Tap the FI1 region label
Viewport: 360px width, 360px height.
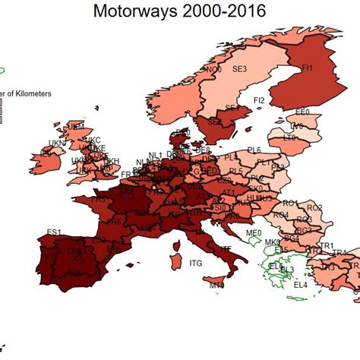pos(308,68)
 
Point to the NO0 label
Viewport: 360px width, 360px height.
pos(214,69)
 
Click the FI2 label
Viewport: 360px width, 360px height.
pos(259,100)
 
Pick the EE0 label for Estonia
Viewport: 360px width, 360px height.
pos(302,112)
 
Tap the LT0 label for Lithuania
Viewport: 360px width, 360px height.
pos(289,138)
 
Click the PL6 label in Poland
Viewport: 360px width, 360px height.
pos(254,150)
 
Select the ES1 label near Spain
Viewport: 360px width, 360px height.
pos(53,232)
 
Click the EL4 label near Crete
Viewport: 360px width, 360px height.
pos(301,284)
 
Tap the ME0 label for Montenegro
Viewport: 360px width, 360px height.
pos(254,233)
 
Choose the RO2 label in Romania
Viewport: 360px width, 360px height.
pos(314,207)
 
